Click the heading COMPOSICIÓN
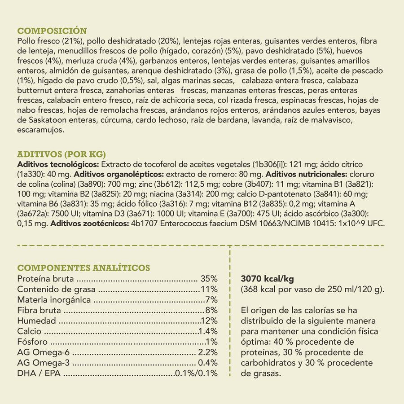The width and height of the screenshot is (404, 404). tap(52, 31)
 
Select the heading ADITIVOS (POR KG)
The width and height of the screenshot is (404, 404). tap(61, 154)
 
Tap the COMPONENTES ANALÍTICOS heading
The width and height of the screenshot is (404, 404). tap(83, 268)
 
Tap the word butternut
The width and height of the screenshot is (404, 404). tap(32, 90)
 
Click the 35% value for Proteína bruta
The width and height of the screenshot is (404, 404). tap(209, 279)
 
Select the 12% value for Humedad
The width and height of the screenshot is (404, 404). tap(209, 321)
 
